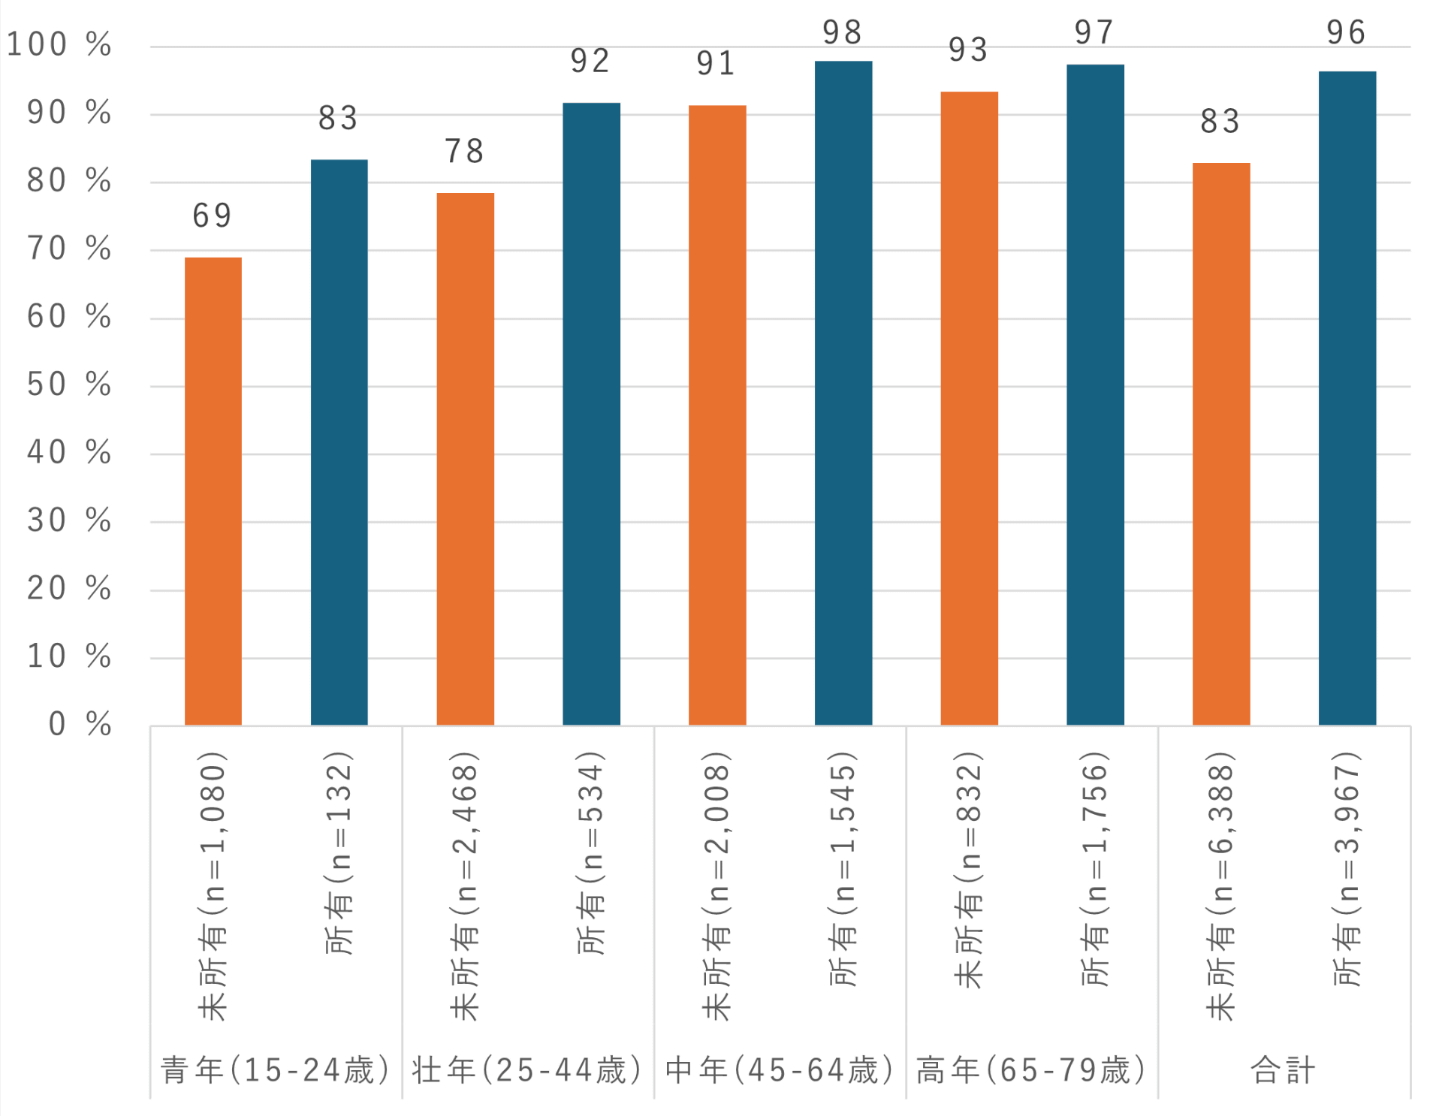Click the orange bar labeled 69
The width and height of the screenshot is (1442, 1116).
pyautogui.click(x=213, y=491)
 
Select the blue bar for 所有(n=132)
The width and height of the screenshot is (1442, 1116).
pyautogui.click(x=339, y=442)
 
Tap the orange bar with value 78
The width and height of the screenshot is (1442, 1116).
pyautogui.click(x=466, y=459)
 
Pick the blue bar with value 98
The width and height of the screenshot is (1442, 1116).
pyautogui.click(x=843, y=393)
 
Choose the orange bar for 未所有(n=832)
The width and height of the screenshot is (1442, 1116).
pyautogui.click(x=970, y=409)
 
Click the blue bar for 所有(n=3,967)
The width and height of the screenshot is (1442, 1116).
pyautogui.click(x=1347, y=398)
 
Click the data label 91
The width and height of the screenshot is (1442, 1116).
pyautogui.click(x=716, y=64)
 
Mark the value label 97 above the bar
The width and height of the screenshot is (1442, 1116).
pyautogui.click(x=1094, y=33)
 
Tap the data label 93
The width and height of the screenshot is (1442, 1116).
pyautogui.click(x=968, y=50)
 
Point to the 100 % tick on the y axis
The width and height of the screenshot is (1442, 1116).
pyautogui.click(x=59, y=45)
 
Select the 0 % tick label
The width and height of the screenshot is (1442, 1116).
pyautogui.click(x=80, y=725)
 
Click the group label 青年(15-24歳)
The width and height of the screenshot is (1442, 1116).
pyautogui.click(x=276, y=1070)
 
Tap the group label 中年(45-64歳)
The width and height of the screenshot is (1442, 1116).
pyautogui.click(x=780, y=1070)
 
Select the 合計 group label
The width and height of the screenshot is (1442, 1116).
pyautogui.click(x=1283, y=1070)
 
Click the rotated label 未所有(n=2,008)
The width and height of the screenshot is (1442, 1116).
pyautogui.click(x=717, y=886)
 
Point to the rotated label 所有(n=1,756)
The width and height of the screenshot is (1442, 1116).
pyautogui.click(x=1096, y=869)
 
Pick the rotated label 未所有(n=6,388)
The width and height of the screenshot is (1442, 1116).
pyautogui.click(x=1221, y=886)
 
